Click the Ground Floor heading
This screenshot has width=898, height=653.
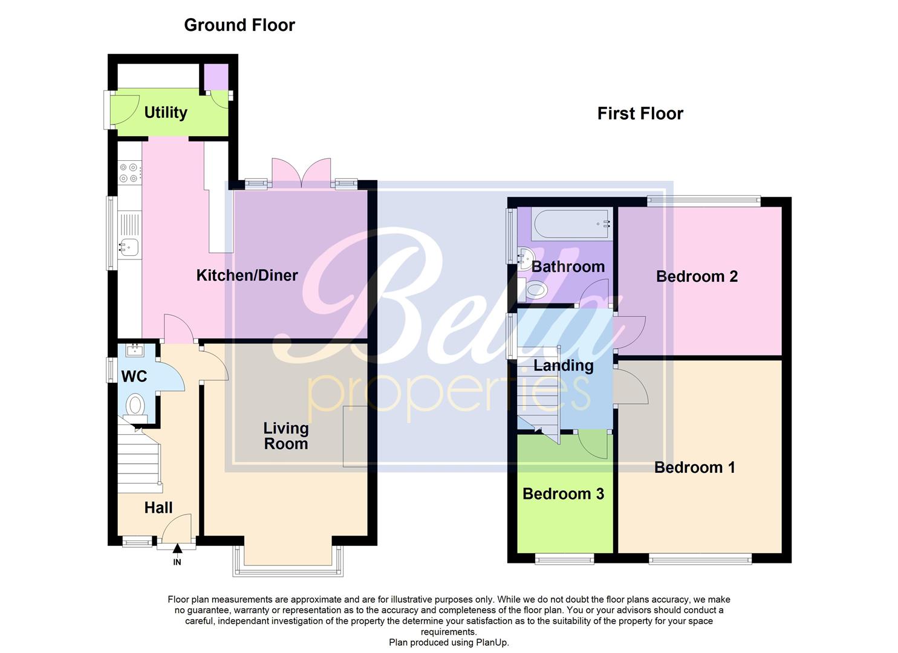point(239,25)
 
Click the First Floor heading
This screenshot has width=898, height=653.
point(640,114)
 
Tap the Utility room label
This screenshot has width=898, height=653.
point(165,112)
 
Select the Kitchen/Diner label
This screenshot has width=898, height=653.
point(247,276)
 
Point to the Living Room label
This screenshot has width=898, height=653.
point(285,436)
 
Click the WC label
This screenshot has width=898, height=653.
point(134,377)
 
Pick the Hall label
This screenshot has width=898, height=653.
point(158,508)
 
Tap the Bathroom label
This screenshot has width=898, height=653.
point(568,267)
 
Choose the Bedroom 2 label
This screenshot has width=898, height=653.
point(697,276)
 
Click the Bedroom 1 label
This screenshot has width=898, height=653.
point(694,467)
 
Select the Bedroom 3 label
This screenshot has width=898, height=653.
point(563,494)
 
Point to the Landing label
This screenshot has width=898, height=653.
point(563,365)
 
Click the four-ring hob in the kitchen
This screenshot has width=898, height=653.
point(129,172)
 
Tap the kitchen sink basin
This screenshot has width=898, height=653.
point(129,246)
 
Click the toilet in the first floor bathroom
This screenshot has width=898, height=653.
point(535,291)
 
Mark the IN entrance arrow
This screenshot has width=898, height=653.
point(177,549)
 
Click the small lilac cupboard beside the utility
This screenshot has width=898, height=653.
point(216,77)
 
